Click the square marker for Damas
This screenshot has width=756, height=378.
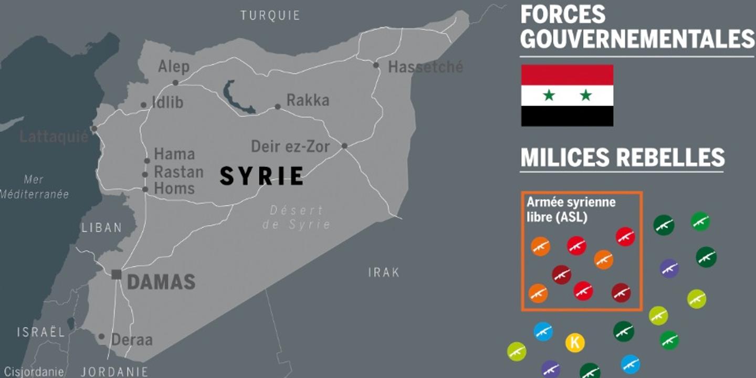(117, 274)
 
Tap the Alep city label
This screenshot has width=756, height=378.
(173, 67)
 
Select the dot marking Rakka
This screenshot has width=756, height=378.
(278, 107)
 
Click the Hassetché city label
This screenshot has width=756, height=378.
(425, 67)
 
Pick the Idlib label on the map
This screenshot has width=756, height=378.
(167, 102)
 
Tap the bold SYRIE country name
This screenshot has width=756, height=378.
(261, 176)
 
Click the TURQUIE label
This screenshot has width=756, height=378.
(270, 15)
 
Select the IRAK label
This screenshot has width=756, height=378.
(383, 272)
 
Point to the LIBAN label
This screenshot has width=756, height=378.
(102, 228)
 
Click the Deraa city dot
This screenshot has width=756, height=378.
(101, 337)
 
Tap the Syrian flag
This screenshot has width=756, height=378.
(567, 96)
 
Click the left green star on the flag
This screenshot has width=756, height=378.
(549, 96)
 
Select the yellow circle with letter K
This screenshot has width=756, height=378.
(575, 343)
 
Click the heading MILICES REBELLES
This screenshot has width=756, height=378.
(622, 157)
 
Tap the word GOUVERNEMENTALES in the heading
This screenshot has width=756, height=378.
(637, 39)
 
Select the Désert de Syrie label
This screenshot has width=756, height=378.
(297, 217)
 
